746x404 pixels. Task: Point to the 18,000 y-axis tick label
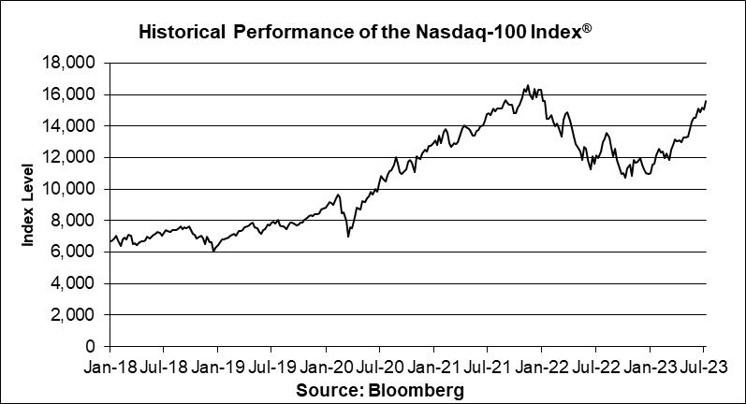(x=77, y=63)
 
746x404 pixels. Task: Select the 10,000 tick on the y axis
(x=77, y=189)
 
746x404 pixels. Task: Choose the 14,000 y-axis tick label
(x=77, y=125)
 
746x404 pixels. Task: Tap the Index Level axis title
(x=30, y=205)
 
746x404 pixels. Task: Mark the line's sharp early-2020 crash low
(x=348, y=237)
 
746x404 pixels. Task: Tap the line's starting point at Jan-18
(x=110, y=242)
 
